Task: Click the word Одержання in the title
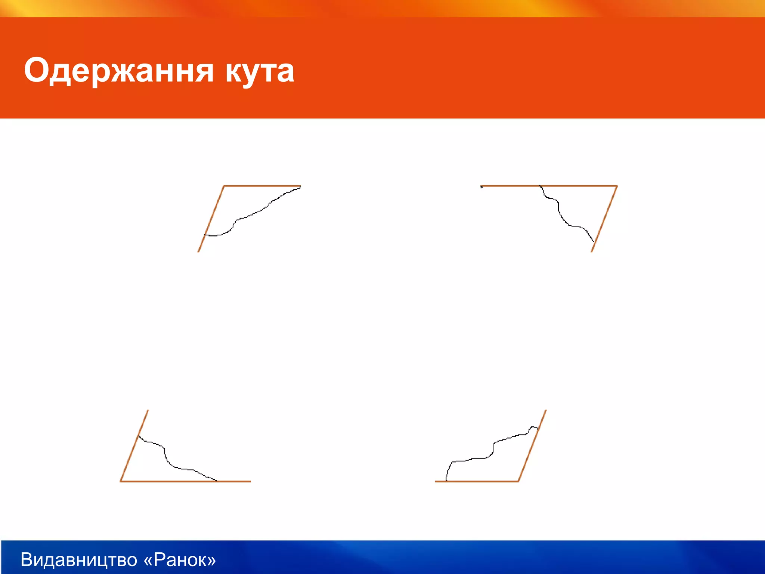(119, 71)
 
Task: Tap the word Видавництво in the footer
(79, 559)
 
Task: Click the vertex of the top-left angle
(224, 186)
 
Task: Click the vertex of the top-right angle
(617, 186)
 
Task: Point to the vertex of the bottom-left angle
(121, 481)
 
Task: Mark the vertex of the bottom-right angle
(518, 481)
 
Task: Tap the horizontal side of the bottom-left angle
(232, 481)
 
